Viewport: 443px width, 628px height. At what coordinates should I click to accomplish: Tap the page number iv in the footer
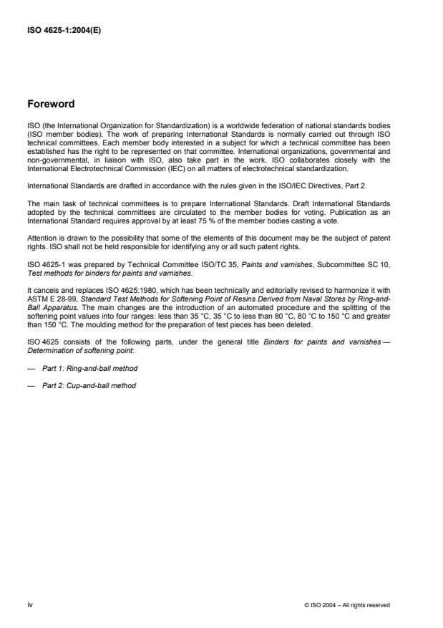[x=29, y=604]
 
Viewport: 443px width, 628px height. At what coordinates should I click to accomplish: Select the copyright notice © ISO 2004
[x=346, y=604]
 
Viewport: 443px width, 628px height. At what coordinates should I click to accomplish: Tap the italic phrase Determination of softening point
[x=67, y=351]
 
